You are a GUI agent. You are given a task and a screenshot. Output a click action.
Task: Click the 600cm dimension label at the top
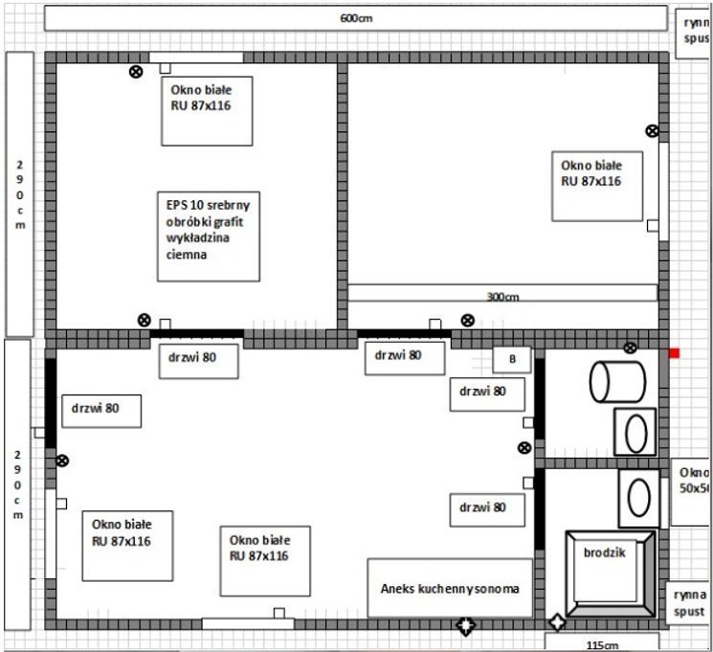(355, 18)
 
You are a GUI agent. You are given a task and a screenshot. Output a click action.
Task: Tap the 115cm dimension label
(602, 644)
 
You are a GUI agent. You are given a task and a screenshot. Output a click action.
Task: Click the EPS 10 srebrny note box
(208, 236)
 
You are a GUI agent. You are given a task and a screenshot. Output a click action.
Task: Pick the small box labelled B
(512, 359)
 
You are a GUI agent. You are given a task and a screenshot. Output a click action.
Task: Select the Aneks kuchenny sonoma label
(449, 588)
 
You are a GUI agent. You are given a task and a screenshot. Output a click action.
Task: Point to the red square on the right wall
(674, 353)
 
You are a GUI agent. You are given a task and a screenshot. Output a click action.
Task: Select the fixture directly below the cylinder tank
(635, 431)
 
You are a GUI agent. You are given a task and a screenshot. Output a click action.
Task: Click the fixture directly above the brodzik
(638, 497)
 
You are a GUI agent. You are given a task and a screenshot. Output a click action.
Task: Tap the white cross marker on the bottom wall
(466, 627)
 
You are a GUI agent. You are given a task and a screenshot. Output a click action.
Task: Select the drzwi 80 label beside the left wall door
(100, 410)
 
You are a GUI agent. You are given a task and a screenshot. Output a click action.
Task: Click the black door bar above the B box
(403, 334)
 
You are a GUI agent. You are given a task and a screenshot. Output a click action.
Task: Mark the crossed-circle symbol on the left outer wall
(62, 461)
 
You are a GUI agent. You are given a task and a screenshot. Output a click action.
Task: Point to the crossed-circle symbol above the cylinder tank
(630, 348)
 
